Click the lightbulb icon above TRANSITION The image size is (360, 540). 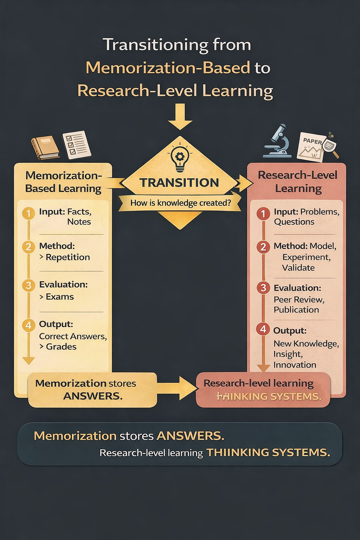tap(180, 158)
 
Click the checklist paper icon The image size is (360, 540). tap(76, 144)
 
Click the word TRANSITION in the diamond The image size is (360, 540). tap(179, 183)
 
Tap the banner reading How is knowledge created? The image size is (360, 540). tap(180, 203)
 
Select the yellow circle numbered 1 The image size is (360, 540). tap(28, 213)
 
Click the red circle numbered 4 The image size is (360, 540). tap(263, 329)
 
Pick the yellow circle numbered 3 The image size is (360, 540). tap(28, 285)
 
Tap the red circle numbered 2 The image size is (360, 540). tap(263, 247)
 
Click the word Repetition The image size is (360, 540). tap(68, 257)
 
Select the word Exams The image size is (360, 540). tap(60, 297)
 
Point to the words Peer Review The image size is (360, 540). tap(299, 300)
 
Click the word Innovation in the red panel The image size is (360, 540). tap(295, 365)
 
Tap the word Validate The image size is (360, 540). tap(298, 268)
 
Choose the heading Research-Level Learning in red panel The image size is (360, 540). tap(298, 182)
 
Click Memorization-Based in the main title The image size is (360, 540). tap(168, 67)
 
